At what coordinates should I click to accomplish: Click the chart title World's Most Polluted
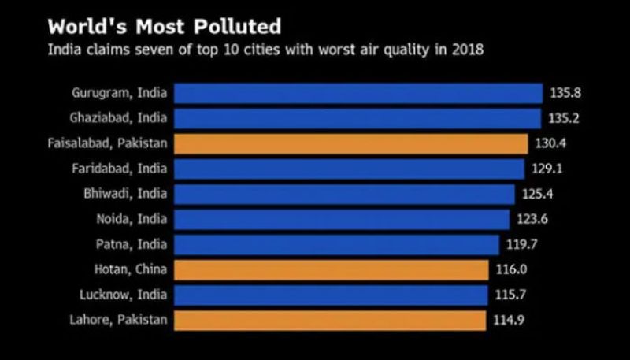pos(164,27)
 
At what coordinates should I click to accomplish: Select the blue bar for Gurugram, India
pos(358,93)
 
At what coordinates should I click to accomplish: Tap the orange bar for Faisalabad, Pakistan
pos(350,143)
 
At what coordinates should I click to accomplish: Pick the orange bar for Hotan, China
pos(331,269)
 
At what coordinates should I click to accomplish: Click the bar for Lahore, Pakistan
pos(329,320)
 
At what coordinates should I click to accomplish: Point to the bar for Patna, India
pos(336,244)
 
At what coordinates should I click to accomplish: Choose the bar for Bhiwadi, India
pos(344,194)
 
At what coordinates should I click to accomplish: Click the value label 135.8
pos(565,93)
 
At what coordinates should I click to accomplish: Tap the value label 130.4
pos(550,143)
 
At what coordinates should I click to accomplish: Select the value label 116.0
pos(512,269)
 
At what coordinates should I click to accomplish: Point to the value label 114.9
pos(509,320)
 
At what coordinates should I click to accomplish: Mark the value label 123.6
pos(532,219)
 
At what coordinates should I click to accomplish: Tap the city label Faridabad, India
pos(120,169)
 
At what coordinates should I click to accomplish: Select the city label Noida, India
pos(132,219)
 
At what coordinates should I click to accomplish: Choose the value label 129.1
pos(547,169)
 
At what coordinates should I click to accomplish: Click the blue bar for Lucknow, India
pos(331,295)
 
